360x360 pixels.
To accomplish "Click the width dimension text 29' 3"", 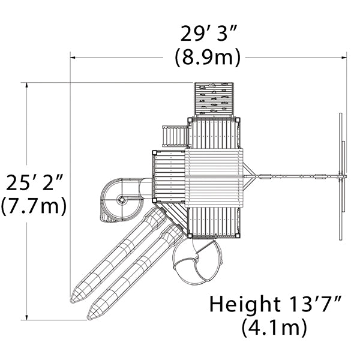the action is [208, 34].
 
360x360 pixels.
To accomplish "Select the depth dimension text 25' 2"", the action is [34, 182].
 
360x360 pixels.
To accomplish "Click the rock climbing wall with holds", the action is [214, 100].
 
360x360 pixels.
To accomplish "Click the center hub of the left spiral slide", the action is [121, 200].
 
